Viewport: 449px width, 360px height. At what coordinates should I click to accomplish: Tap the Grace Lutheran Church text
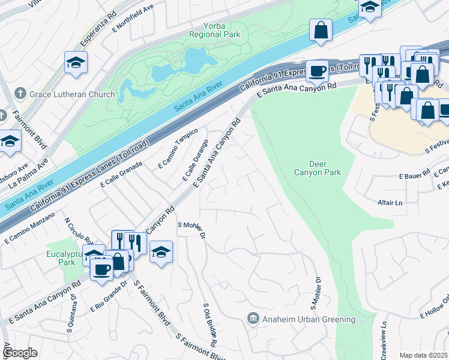click(x=73, y=94)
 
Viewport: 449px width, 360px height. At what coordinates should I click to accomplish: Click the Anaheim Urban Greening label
click(x=309, y=319)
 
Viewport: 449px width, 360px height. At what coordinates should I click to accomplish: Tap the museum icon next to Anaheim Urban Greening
click(x=253, y=319)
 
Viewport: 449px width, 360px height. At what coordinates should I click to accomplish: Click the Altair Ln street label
click(x=390, y=203)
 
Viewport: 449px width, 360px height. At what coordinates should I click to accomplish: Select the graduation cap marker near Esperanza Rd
click(x=76, y=62)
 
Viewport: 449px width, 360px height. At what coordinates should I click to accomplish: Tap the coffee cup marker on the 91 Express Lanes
click(x=317, y=71)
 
